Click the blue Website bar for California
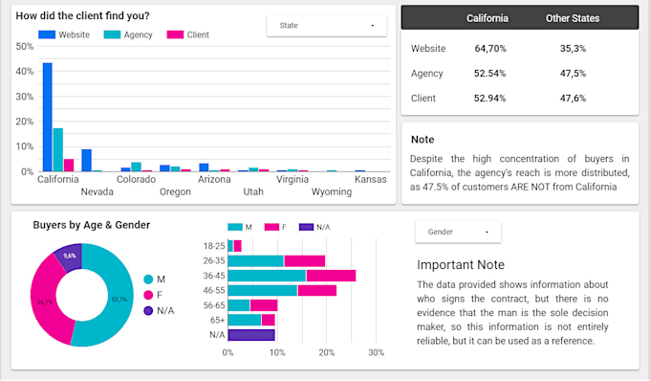click(48, 117)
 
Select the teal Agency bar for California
click(58, 149)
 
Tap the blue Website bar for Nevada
click(86, 160)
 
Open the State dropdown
click(326, 25)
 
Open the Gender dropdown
click(458, 232)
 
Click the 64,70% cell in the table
click(490, 48)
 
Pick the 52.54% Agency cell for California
click(490, 73)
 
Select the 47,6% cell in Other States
click(573, 98)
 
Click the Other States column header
click(573, 18)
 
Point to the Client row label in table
click(424, 98)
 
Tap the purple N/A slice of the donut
click(69, 258)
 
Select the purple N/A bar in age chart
click(251, 335)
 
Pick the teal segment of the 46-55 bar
click(264, 290)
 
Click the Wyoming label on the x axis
click(332, 191)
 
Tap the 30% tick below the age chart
click(376, 352)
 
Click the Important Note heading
click(461, 264)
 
